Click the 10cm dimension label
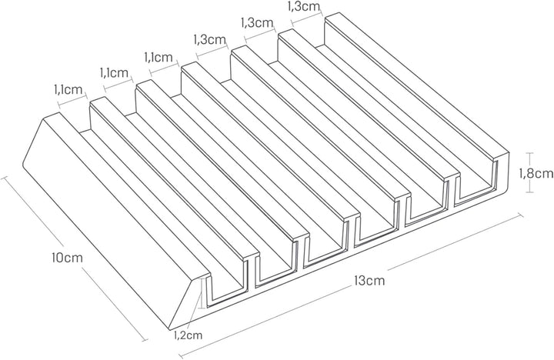[66, 257]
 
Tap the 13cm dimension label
[369, 281]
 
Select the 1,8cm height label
[536, 173]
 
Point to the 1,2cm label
[189, 335]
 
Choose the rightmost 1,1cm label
[159, 56]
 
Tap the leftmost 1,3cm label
[210, 39]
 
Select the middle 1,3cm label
[257, 22]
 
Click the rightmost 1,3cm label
[304, 6]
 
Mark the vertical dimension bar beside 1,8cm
[529, 172]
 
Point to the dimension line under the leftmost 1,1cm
[73, 100]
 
